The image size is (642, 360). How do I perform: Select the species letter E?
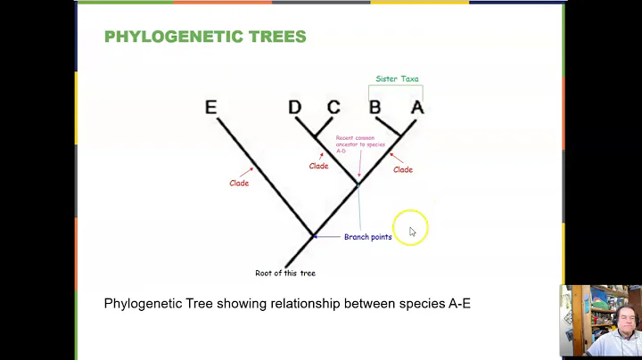tap(210, 108)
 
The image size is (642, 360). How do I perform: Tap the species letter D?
tap(295, 108)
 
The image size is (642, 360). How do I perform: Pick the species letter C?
tap(333, 108)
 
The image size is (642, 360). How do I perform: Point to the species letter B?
tap(375, 108)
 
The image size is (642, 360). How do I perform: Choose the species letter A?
tap(416, 108)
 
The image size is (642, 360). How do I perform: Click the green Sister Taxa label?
tap(397, 78)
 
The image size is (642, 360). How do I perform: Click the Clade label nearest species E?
tap(239, 184)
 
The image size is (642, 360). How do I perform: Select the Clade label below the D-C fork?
tap(318, 166)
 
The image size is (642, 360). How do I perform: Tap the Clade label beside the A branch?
tap(403, 169)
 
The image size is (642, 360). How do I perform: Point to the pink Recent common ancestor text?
tap(354, 144)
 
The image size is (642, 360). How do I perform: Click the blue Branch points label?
tap(367, 237)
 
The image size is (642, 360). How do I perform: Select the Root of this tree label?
tap(285, 273)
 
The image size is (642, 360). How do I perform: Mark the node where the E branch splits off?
tap(313, 236)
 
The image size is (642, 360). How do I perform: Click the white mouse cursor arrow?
tap(412, 232)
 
